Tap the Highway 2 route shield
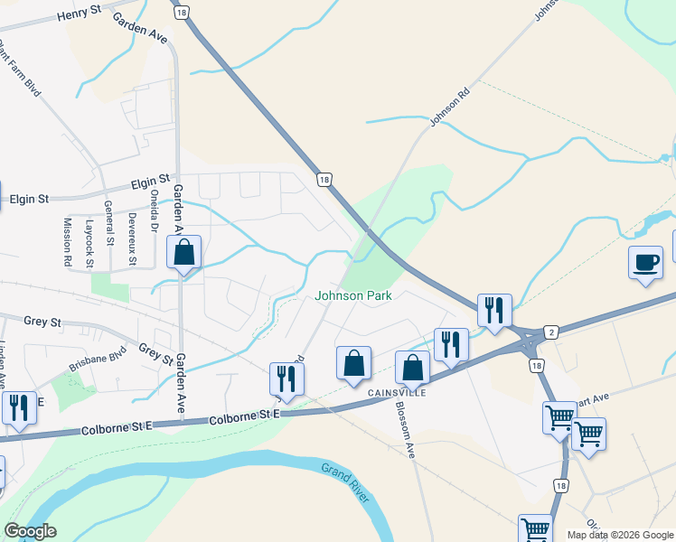click(550, 332)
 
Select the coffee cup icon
click(645, 262)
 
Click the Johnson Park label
click(352, 296)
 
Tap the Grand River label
click(345, 480)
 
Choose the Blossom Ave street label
click(403, 428)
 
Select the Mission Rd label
click(68, 241)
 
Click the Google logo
click(29, 531)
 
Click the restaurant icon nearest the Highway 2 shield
click(494, 311)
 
